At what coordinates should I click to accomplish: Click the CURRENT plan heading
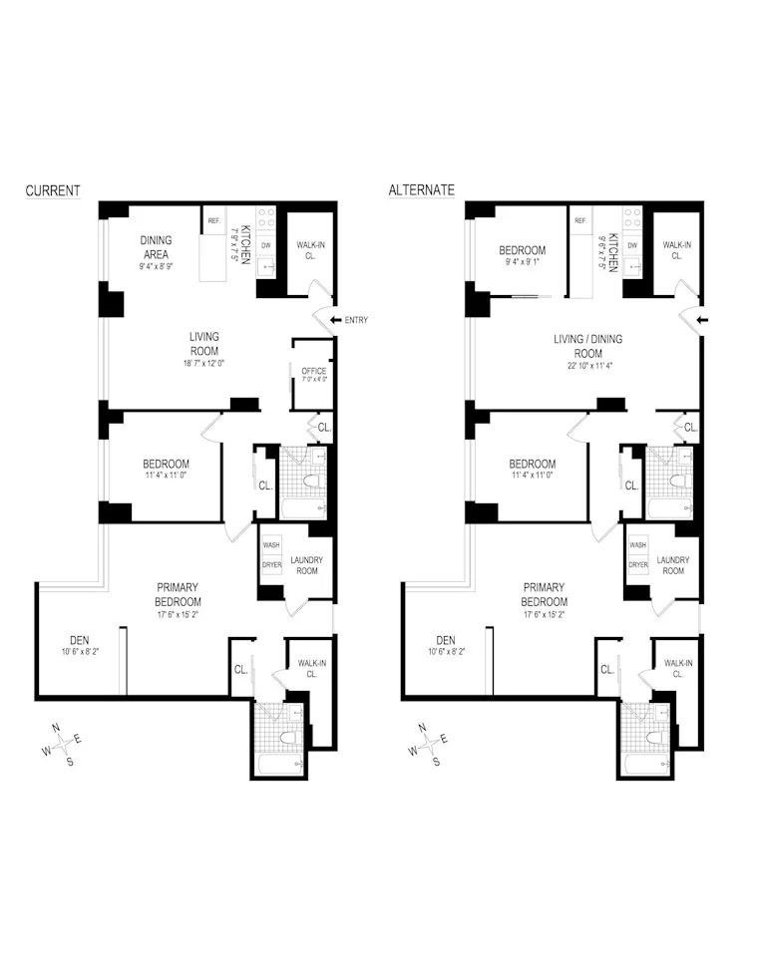(52, 190)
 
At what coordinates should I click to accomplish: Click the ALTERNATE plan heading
(421, 190)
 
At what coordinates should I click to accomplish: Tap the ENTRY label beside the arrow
(356, 320)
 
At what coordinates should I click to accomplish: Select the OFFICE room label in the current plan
(313, 371)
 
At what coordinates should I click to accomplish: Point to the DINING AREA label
(156, 246)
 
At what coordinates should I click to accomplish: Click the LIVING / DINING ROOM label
(588, 346)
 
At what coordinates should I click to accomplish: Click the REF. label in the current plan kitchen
(214, 221)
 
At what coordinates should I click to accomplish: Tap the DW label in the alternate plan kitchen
(632, 245)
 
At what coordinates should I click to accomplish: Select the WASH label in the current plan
(271, 545)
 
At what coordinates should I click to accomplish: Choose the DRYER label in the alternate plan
(638, 564)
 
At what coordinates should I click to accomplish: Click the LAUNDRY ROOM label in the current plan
(307, 565)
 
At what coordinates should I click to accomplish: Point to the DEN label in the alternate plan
(445, 640)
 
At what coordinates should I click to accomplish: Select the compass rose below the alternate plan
(429, 743)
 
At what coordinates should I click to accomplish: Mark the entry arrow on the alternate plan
(703, 320)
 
